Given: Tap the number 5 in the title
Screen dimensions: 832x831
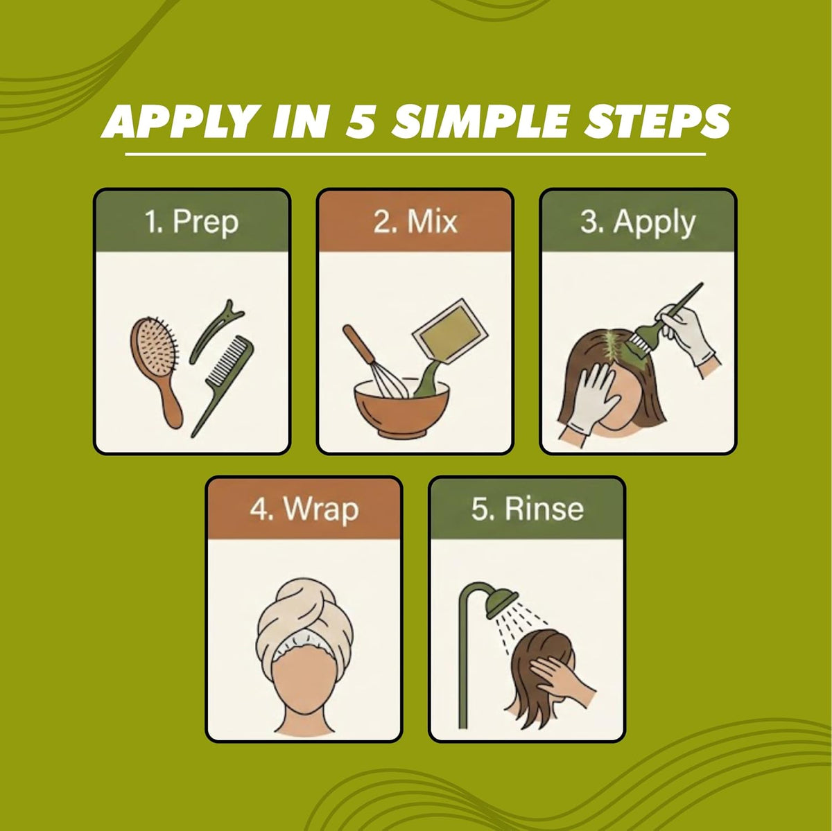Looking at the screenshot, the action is point(361,121).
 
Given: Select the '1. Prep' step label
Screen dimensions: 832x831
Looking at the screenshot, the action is point(191,222).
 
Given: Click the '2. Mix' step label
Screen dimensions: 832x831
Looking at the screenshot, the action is point(415,222).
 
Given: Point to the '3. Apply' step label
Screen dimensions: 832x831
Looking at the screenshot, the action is point(638,222).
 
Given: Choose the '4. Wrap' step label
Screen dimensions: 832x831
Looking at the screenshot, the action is point(304,509).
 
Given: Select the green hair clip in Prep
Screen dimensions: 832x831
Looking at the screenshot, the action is point(215,330).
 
